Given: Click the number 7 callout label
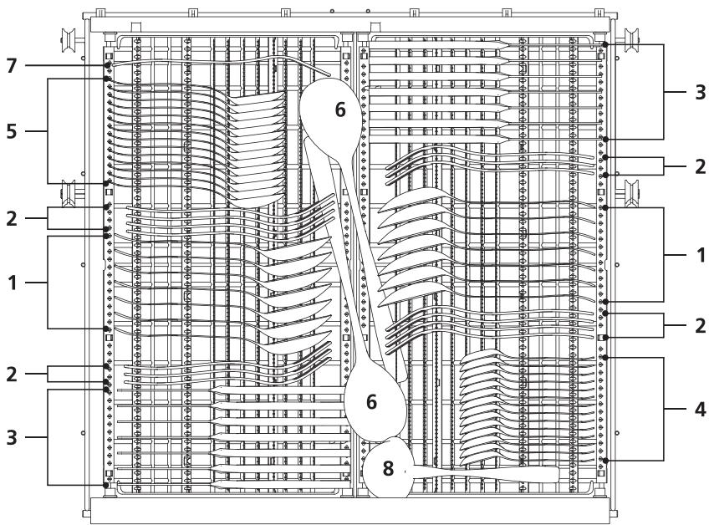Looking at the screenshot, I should pyautogui.click(x=12, y=65).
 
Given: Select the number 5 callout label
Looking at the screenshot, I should pyautogui.click(x=12, y=131).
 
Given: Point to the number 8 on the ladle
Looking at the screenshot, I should pyautogui.click(x=389, y=469).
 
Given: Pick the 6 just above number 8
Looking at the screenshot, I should pyautogui.click(x=372, y=402).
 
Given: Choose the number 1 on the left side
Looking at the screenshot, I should pyautogui.click(x=12, y=283).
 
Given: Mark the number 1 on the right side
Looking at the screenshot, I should pyautogui.click(x=698, y=254).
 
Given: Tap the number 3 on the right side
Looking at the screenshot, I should pyautogui.click(x=698, y=92).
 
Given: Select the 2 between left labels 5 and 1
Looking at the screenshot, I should pyautogui.click(x=12, y=217).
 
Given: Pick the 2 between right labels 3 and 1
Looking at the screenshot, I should pyautogui.click(x=698, y=166).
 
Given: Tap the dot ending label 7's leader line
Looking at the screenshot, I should pyautogui.click(x=109, y=65).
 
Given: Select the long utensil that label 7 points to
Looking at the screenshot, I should pyautogui.click(x=209, y=62).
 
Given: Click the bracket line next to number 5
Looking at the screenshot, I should pyautogui.click(x=48, y=131).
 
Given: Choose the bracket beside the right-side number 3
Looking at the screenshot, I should pyautogui.click(x=664, y=92).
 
